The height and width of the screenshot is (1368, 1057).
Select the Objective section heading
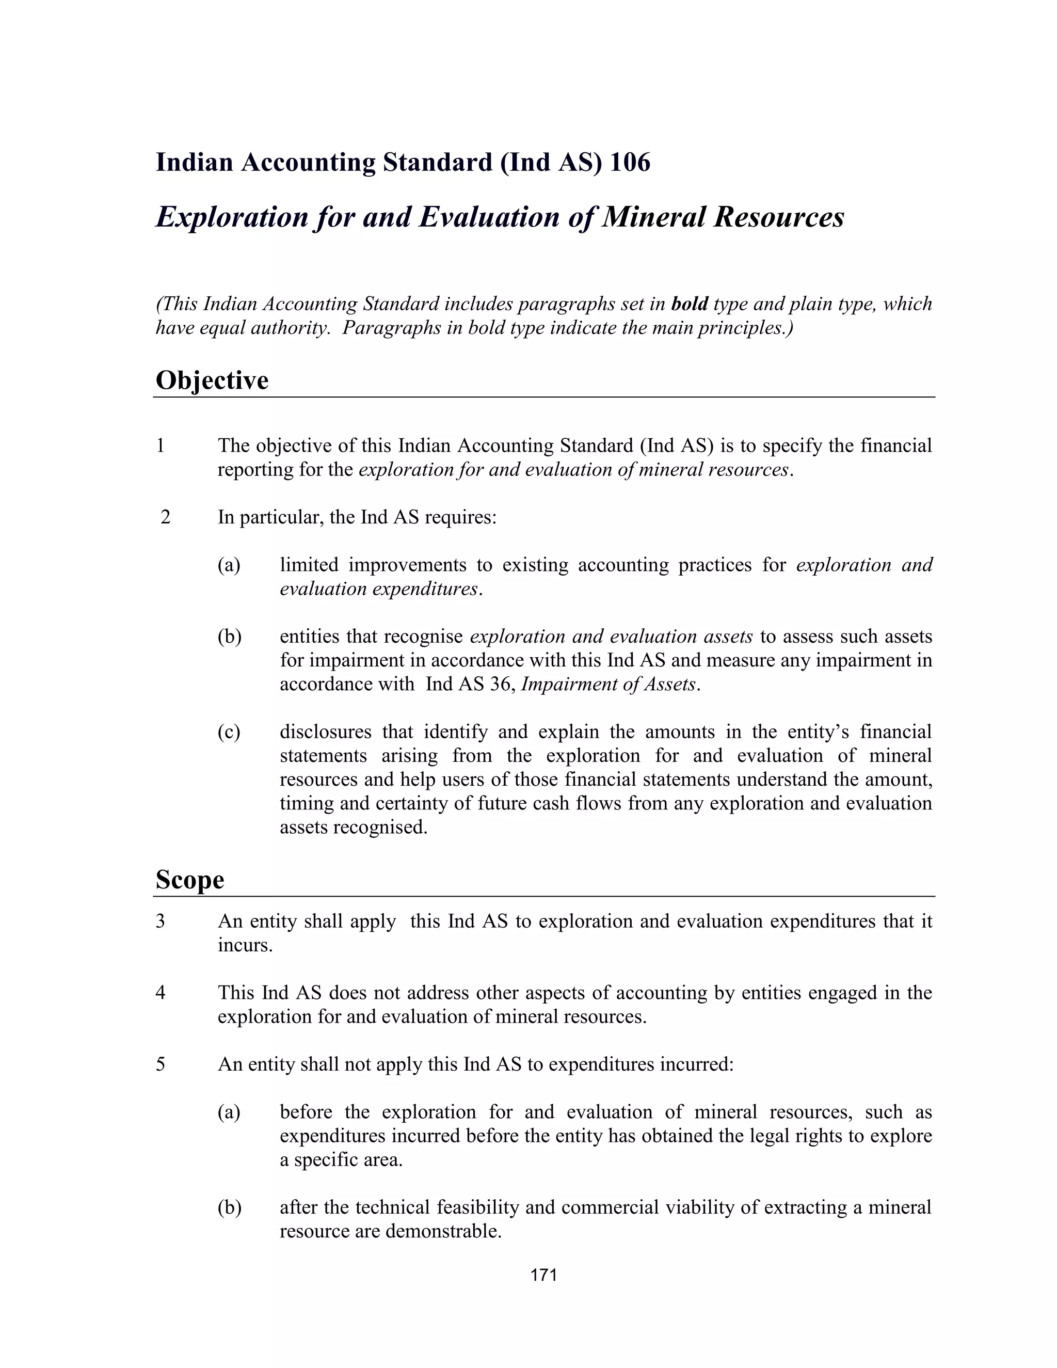pos(212,380)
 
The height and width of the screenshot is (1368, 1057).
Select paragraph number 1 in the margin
pos(161,446)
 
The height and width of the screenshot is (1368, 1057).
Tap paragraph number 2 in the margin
pos(165,517)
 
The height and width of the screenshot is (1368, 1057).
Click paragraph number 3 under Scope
pos(161,921)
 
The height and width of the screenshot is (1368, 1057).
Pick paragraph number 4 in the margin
pos(161,993)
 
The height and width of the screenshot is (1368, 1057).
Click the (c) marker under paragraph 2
pos(229,731)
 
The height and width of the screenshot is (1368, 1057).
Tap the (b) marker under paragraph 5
pos(229,1207)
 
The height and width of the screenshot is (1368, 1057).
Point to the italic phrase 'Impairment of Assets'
pos(608,684)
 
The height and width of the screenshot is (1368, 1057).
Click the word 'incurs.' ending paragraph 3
pos(245,945)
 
